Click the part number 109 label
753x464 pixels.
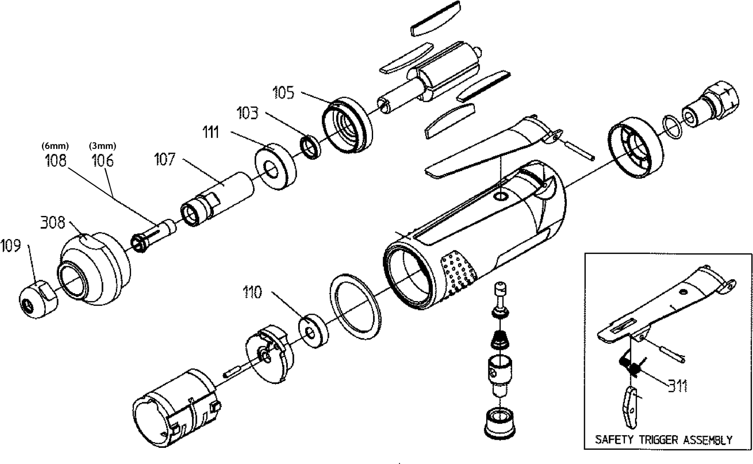[11, 246]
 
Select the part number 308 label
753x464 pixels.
[53, 222]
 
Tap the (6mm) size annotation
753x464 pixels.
[56, 146]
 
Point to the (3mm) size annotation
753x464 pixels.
[103, 146]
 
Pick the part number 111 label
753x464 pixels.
[211, 132]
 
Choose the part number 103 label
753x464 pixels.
[247, 113]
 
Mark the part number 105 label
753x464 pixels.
[283, 93]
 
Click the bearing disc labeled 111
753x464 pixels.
[275, 166]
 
